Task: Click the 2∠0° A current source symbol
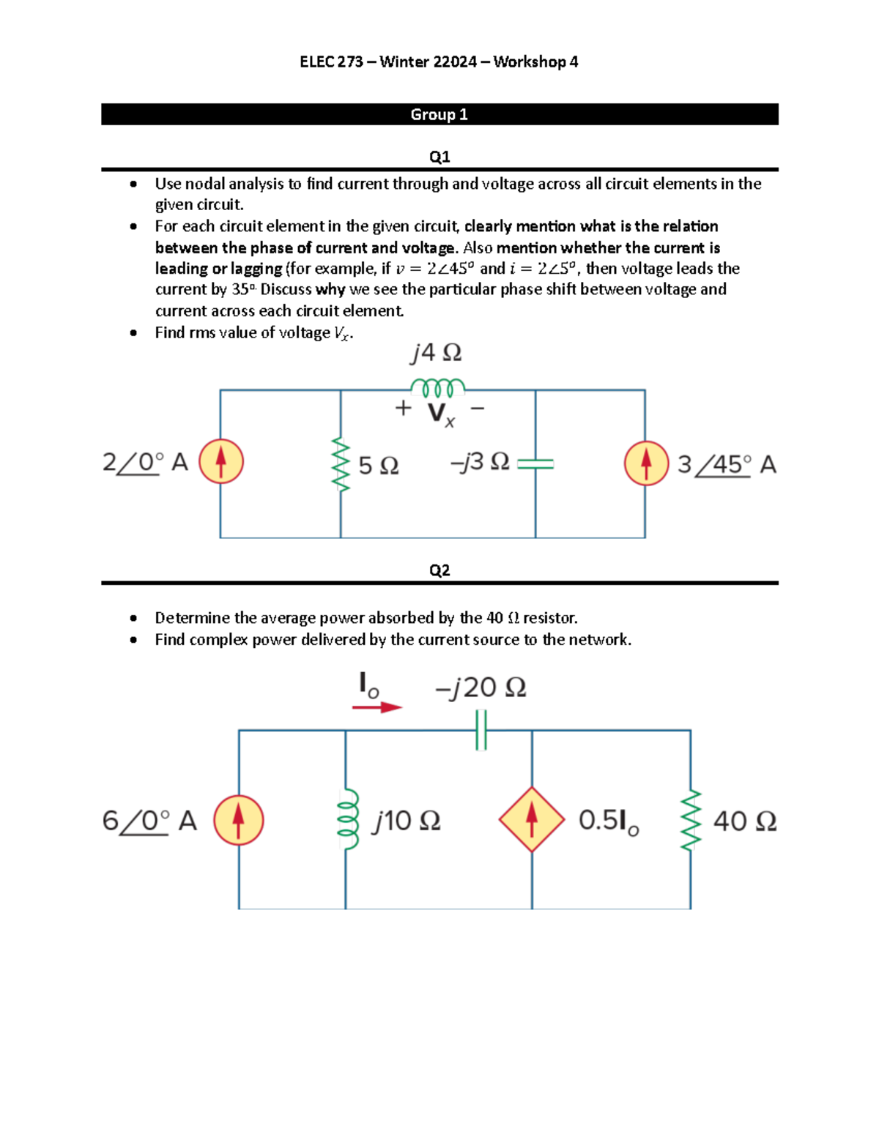(220, 461)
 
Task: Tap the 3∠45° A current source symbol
(646, 463)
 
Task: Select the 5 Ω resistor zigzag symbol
(340, 464)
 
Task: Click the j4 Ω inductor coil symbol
(437, 386)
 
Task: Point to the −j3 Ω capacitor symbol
(535, 463)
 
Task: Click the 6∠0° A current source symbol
(239, 820)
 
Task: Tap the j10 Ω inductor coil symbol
(347, 819)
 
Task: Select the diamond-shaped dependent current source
(532, 820)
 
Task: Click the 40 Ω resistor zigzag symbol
(690, 820)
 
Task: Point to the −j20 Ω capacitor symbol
(481, 731)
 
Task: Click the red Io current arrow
(377, 707)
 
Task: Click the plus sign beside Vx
(403, 409)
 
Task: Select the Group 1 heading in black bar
(439, 115)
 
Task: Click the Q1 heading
(439, 157)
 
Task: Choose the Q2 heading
(439, 570)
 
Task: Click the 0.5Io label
(609, 821)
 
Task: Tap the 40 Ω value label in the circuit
(744, 821)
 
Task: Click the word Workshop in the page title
(530, 62)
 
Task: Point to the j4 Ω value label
(436, 354)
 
